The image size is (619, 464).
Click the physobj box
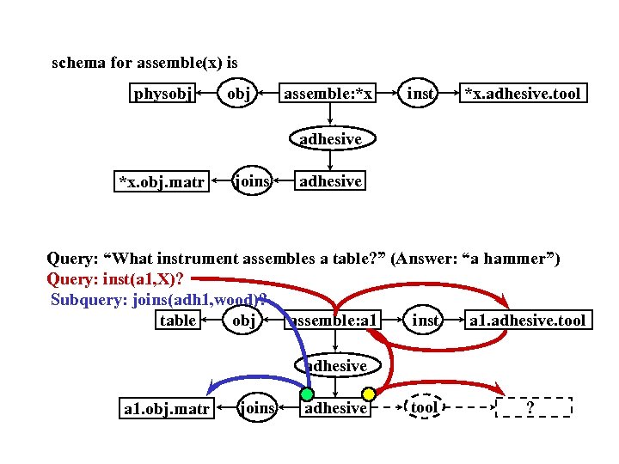(x=163, y=93)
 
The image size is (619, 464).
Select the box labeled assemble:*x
(x=328, y=93)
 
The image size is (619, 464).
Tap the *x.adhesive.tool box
(x=523, y=93)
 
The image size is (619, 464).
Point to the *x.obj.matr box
(x=162, y=181)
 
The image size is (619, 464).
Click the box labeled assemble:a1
(x=335, y=321)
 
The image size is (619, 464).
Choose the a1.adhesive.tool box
(x=526, y=321)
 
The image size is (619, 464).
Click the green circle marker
(x=306, y=394)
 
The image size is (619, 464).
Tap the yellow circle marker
(x=368, y=394)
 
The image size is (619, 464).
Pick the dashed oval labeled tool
(x=425, y=407)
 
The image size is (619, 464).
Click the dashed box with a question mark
(x=534, y=407)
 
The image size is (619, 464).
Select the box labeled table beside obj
(x=178, y=321)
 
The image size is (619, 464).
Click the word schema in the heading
(x=78, y=63)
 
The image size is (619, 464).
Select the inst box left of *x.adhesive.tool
(x=420, y=93)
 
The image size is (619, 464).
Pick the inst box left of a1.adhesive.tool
(x=426, y=321)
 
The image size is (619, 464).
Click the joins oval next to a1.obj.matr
(x=255, y=407)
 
